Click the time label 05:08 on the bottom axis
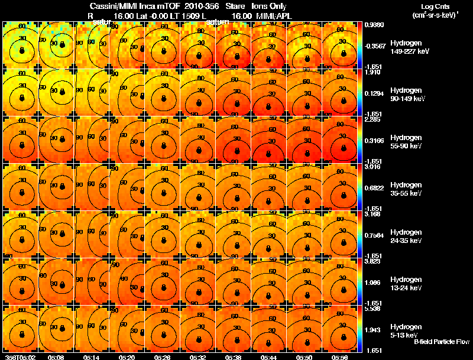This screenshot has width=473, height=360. tap(57, 357)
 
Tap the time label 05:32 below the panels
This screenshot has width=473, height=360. tap(197, 357)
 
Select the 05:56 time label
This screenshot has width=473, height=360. tap(339, 357)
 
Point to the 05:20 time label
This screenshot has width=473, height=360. tap(127, 357)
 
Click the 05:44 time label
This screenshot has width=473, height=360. tap(268, 357)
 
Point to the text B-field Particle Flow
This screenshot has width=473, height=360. tap(441, 342)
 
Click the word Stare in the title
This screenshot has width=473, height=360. tap(235, 6)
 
